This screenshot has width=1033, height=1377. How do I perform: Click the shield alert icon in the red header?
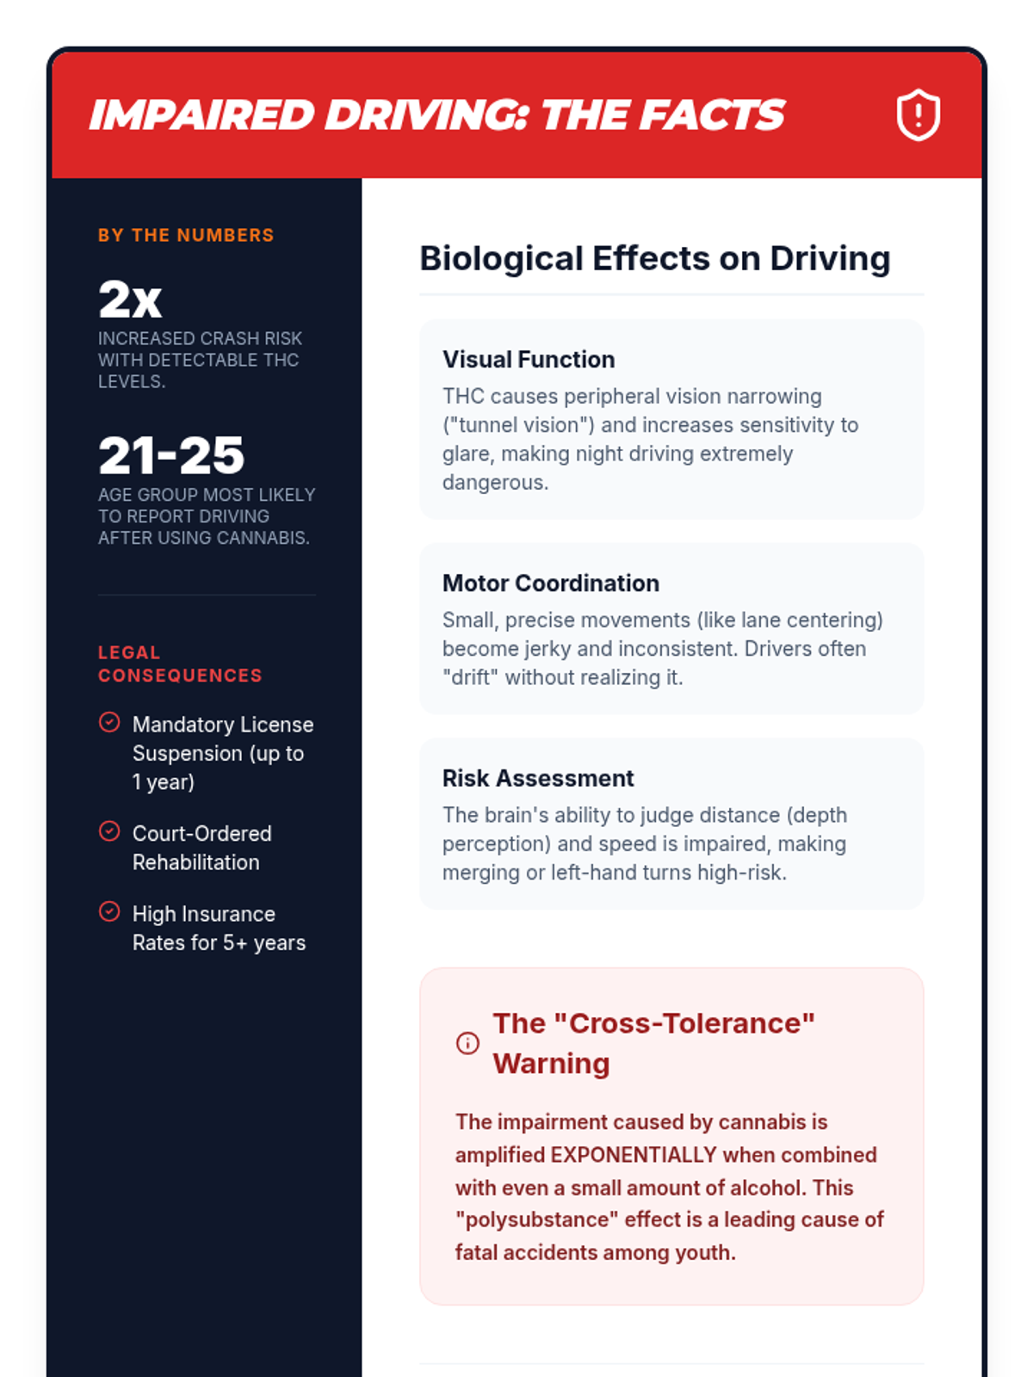[x=918, y=115]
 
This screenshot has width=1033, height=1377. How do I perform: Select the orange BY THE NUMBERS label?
[x=186, y=235]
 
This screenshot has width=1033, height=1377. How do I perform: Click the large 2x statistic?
[x=130, y=299]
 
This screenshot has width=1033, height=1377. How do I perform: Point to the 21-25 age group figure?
[x=171, y=455]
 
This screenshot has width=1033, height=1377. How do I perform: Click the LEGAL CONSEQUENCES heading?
[x=180, y=664]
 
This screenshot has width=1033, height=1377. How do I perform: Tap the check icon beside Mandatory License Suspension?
[x=109, y=722]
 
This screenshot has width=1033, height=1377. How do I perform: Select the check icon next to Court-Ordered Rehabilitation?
[x=109, y=831]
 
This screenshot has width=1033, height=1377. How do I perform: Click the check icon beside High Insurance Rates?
[x=109, y=911]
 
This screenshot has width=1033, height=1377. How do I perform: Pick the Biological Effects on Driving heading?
[x=654, y=258]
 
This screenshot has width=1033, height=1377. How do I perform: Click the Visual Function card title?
[x=529, y=359]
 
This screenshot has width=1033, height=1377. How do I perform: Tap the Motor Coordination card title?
[x=551, y=583]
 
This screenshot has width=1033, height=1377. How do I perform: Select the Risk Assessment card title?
[x=538, y=778]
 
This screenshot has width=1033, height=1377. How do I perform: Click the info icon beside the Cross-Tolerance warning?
[x=467, y=1043]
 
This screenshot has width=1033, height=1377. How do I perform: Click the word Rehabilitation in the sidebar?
[x=195, y=862]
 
